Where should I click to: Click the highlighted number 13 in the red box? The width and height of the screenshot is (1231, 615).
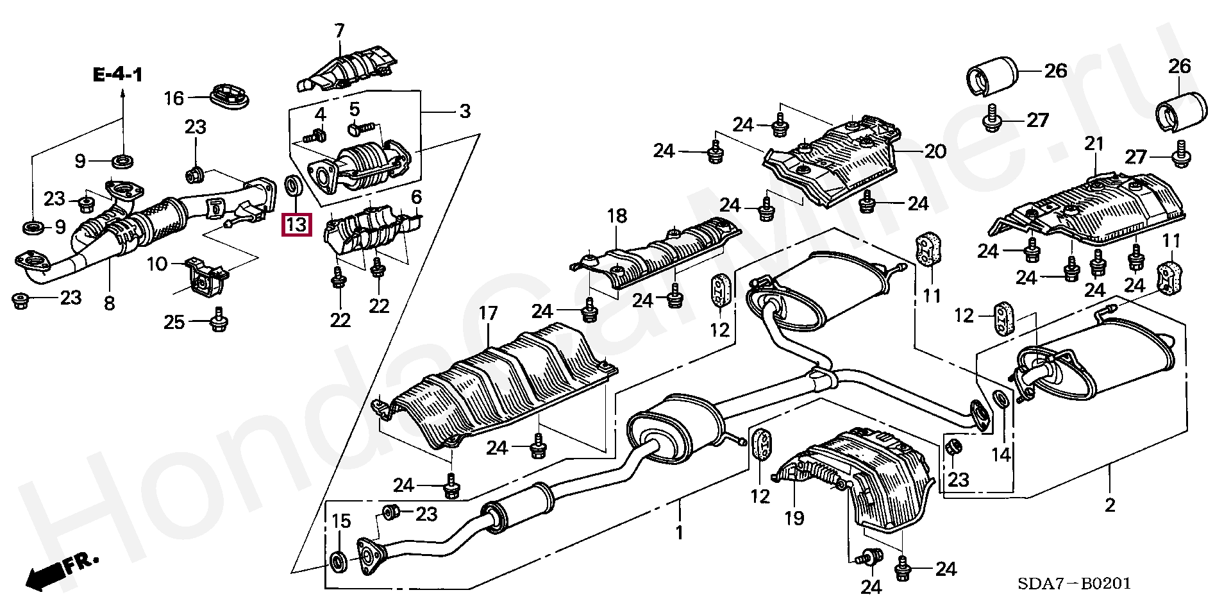coord(296,224)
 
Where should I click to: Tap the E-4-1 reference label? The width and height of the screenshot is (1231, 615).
coord(118,75)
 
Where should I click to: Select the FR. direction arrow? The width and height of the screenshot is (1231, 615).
coord(62,571)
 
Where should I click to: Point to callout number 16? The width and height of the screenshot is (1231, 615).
coord(174,98)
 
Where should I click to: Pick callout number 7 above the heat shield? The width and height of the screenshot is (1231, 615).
coord(339,31)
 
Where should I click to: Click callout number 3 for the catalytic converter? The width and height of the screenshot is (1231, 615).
coord(465,111)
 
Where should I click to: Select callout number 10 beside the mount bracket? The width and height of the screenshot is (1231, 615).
coord(157,264)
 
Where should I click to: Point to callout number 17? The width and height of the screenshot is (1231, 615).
coord(488,313)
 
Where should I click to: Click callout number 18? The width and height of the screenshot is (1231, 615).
coord(617,216)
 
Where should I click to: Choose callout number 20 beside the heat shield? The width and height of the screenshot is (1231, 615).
coord(935,151)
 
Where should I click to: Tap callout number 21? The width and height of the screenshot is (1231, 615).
coord(1094,144)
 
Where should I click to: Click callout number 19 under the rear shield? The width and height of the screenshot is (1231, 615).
coord(794,518)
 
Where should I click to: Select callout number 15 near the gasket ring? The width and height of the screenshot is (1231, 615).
coord(341,521)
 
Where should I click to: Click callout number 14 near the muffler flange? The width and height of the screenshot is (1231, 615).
coord(1001,455)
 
